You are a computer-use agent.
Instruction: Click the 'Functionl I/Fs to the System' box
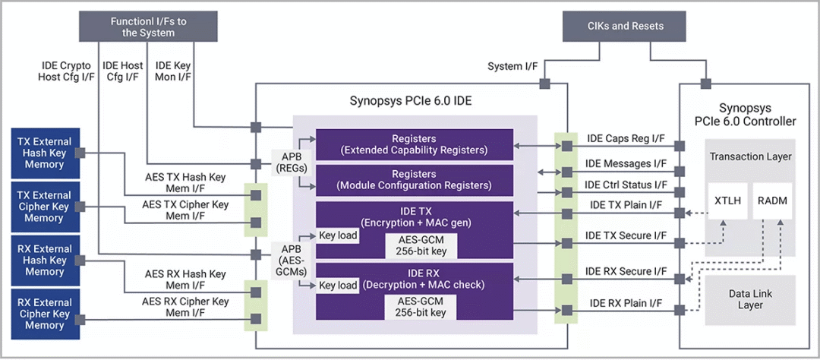[x=142, y=27]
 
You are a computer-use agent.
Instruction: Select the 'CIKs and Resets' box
[x=626, y=26]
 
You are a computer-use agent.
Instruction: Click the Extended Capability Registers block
[x=415, y=144]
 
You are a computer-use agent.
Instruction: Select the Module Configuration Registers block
[x=415, y=179]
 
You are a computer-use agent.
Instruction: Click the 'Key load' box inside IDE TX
[x=338, y=235]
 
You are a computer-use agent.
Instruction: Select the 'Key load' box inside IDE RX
[x=338, y=286]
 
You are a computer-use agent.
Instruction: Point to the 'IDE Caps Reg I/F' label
[x=626, y=139]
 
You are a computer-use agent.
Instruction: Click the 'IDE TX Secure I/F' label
[x=626, y=237]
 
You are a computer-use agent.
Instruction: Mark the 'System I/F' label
[x=512, y=66]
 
